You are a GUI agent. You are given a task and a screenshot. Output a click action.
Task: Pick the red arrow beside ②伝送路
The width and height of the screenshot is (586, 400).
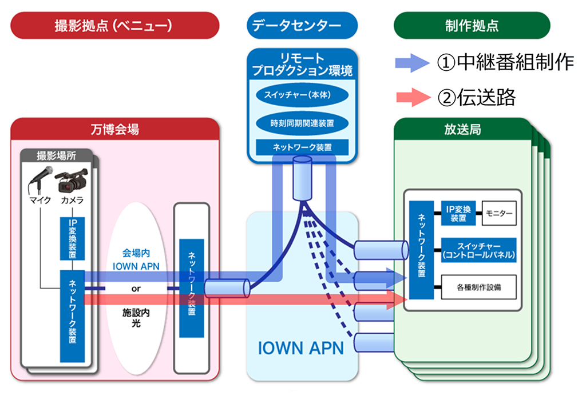click(412, 98)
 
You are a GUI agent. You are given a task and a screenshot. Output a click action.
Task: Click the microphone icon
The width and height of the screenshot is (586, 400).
click(41, 180)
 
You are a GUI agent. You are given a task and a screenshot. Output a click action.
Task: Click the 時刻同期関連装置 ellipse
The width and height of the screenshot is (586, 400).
click(302, 122)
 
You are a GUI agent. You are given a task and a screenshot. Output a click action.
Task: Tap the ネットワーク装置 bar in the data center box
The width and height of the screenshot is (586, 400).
click(302, 147)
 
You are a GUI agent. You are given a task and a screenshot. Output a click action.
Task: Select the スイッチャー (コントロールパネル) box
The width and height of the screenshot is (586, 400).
click(479, 250)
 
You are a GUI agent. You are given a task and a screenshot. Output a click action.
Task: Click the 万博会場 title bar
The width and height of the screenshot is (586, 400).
click(115, 130)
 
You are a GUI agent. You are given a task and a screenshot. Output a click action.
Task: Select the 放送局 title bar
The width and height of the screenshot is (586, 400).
click(462, 130)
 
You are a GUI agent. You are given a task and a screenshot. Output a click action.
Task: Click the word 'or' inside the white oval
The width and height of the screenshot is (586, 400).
click(136, 289)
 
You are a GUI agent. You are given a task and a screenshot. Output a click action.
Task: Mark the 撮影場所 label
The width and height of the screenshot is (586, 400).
click(57, 155)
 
